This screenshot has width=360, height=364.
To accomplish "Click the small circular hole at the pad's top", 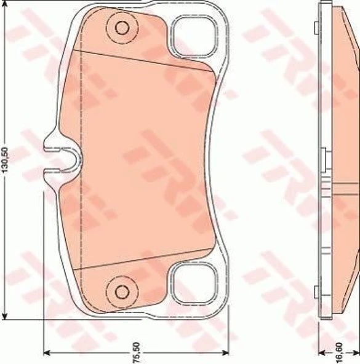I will [x=121, y=28].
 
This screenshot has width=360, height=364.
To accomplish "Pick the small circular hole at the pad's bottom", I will [x=121, y=290].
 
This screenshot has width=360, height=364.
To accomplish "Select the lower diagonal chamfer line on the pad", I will [x=148, y=261].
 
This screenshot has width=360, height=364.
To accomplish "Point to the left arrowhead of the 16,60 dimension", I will [x=321, y=353].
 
